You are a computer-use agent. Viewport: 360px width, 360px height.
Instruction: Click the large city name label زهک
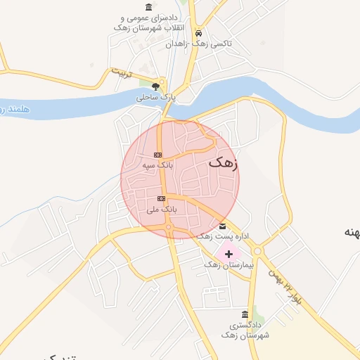(224, 162)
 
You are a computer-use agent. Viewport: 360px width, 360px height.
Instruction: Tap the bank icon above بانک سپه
(157, 155)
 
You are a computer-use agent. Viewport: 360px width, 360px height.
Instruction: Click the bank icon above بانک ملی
(162, 198)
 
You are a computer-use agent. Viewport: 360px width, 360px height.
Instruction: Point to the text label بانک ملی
(162, 209)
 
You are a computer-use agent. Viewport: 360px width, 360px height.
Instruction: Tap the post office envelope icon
(223, 226)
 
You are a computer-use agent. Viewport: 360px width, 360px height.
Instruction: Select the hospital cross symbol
(229, 253)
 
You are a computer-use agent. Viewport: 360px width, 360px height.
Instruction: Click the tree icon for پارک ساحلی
(155, 86)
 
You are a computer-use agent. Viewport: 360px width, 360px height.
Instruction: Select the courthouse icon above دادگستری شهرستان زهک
(244, 314)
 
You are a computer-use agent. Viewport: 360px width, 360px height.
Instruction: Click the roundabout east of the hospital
(257, 251)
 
